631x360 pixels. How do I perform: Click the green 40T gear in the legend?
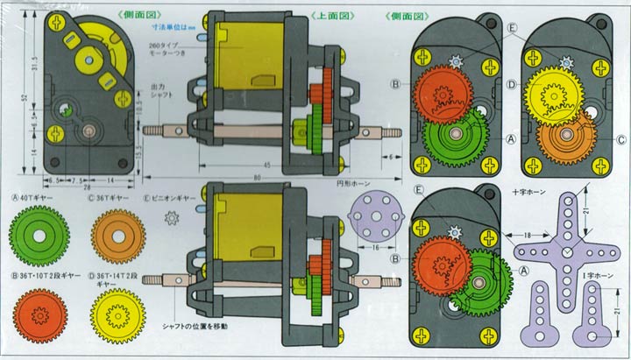click(40, 236)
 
